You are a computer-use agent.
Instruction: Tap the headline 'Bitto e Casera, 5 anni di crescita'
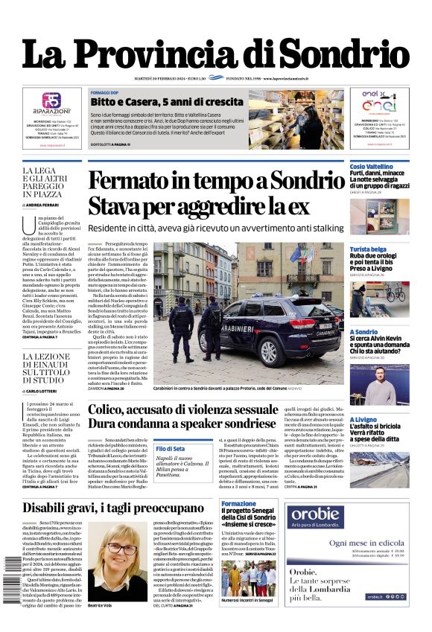coord(156,101)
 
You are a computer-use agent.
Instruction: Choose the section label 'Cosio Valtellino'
coord(372,167)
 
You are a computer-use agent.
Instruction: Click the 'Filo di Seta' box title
coord(170,449)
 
